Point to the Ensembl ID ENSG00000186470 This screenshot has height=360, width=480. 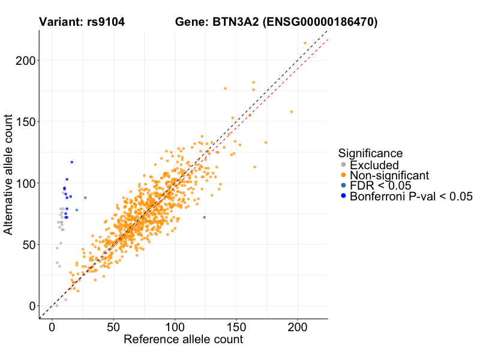coord(321,23)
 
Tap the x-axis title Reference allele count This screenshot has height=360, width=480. coord(183,340)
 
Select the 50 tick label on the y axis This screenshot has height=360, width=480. coord(28,244)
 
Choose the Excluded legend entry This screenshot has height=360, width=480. coord(374,165)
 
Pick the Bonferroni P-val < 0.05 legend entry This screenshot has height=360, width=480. coord(411,196)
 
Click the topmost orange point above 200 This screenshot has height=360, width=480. coord(305,43)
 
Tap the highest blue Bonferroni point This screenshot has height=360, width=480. coord(72,162)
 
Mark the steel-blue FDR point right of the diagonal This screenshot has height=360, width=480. coord(204,217)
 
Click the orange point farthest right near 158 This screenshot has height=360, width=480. coord(292,112)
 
